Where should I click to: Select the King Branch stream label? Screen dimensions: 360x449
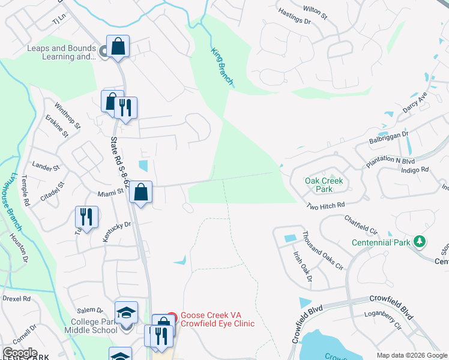(221, 66)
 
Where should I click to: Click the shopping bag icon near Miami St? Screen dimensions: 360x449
(141, 193)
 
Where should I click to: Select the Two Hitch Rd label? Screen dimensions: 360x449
(325, 205)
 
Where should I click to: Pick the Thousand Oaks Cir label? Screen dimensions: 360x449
(322, 251)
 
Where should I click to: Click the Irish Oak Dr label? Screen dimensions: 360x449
(303, 266)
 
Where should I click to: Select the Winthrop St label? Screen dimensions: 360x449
(67, 115)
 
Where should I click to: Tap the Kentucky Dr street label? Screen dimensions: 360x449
(116, 232)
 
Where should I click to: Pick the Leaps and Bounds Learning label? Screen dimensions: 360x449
(61, 52)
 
